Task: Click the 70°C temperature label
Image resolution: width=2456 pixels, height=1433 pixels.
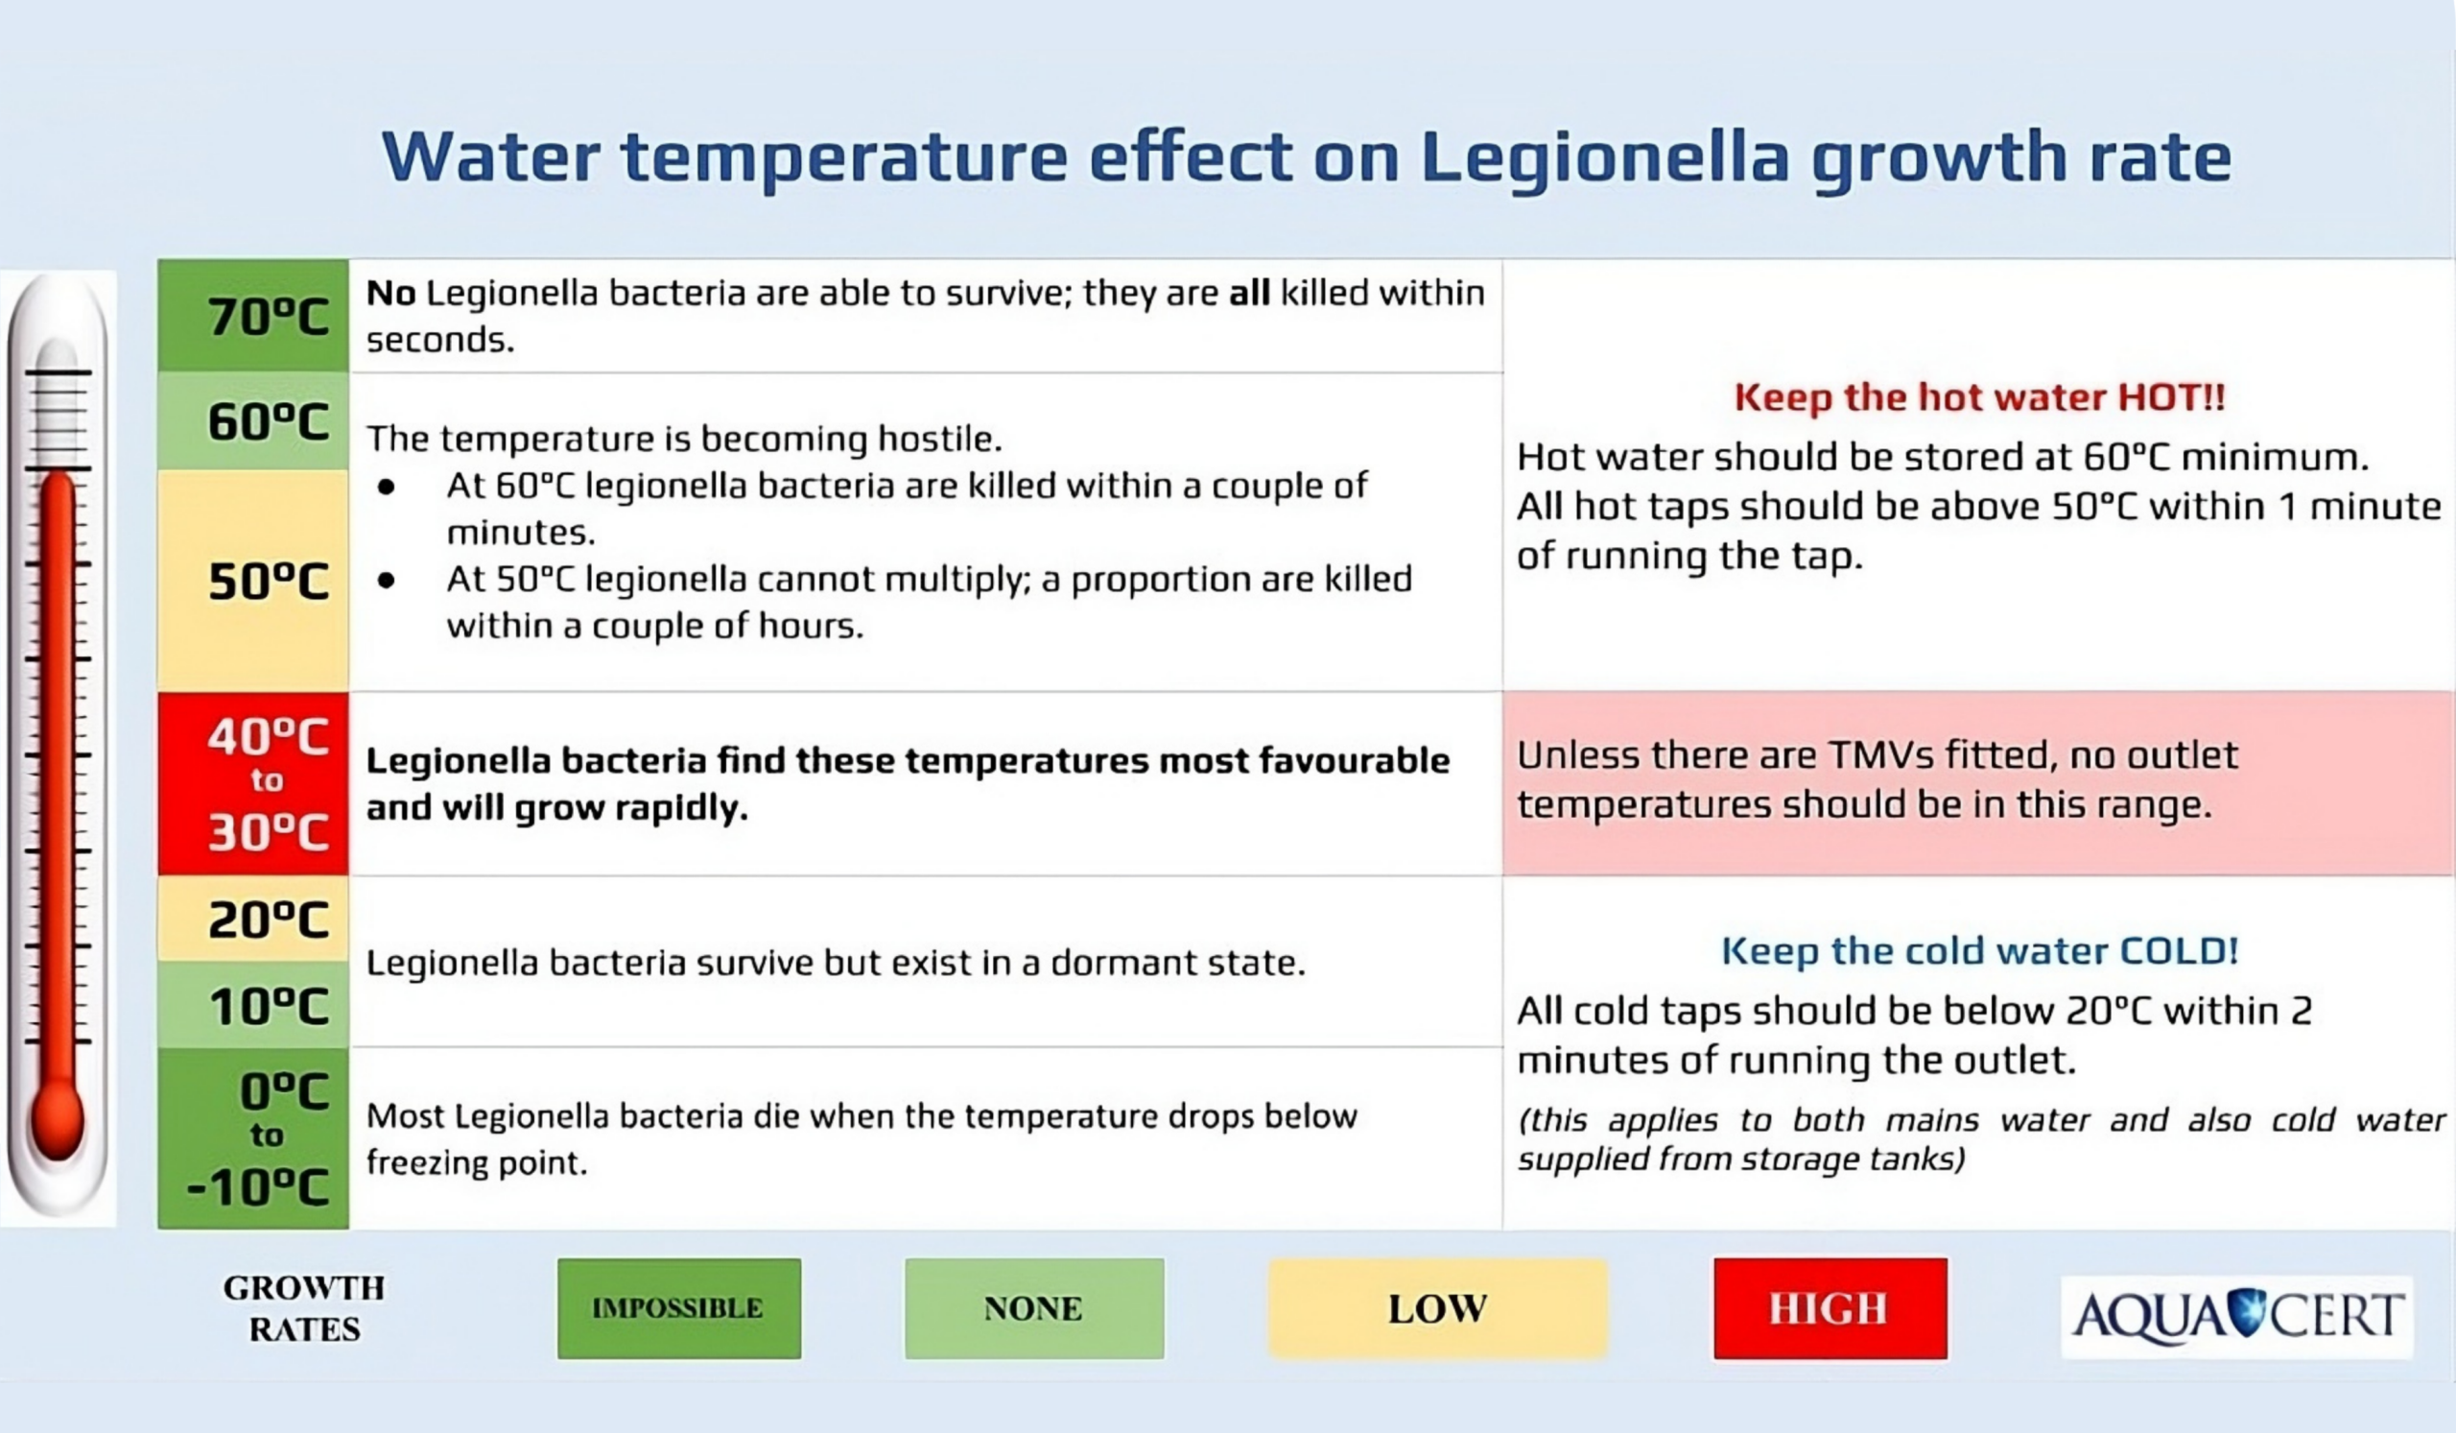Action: (x=268, y=317)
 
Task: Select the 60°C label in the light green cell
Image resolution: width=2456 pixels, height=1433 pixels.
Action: (x=268, y=422)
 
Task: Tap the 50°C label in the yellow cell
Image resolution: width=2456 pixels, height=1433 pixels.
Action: (x=268, y=582)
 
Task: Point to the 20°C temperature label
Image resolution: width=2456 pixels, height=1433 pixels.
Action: (x=268, y=920)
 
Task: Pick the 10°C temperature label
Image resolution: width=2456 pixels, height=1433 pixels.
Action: (x=268, y=1006)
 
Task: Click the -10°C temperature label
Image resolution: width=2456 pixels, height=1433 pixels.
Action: (x=257, y=1187)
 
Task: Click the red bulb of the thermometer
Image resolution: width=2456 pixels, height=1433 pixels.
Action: (x=57, y=1121)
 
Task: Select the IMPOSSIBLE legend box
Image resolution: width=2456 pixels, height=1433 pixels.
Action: (x=679, y=1308)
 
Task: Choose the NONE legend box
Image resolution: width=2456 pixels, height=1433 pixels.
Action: (x=1034, y=1308)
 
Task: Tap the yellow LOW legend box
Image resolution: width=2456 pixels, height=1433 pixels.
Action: (x=1437, y=1308)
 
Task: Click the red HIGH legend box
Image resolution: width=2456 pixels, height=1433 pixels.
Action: (x=1830, y=1308)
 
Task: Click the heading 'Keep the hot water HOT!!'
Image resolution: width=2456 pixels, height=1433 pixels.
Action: (x=1979, y=397)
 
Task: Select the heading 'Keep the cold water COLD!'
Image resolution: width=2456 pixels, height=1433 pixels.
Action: (x=1979, y=950)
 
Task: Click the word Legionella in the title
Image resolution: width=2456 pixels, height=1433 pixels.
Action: (x=1604, y=159)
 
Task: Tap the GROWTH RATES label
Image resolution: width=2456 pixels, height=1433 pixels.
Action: (x=304, y=1308)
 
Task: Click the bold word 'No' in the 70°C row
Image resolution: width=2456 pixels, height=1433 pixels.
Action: (x=390, y=293)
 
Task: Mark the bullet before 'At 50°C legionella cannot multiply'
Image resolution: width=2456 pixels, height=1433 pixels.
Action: (x=387, y=581)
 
